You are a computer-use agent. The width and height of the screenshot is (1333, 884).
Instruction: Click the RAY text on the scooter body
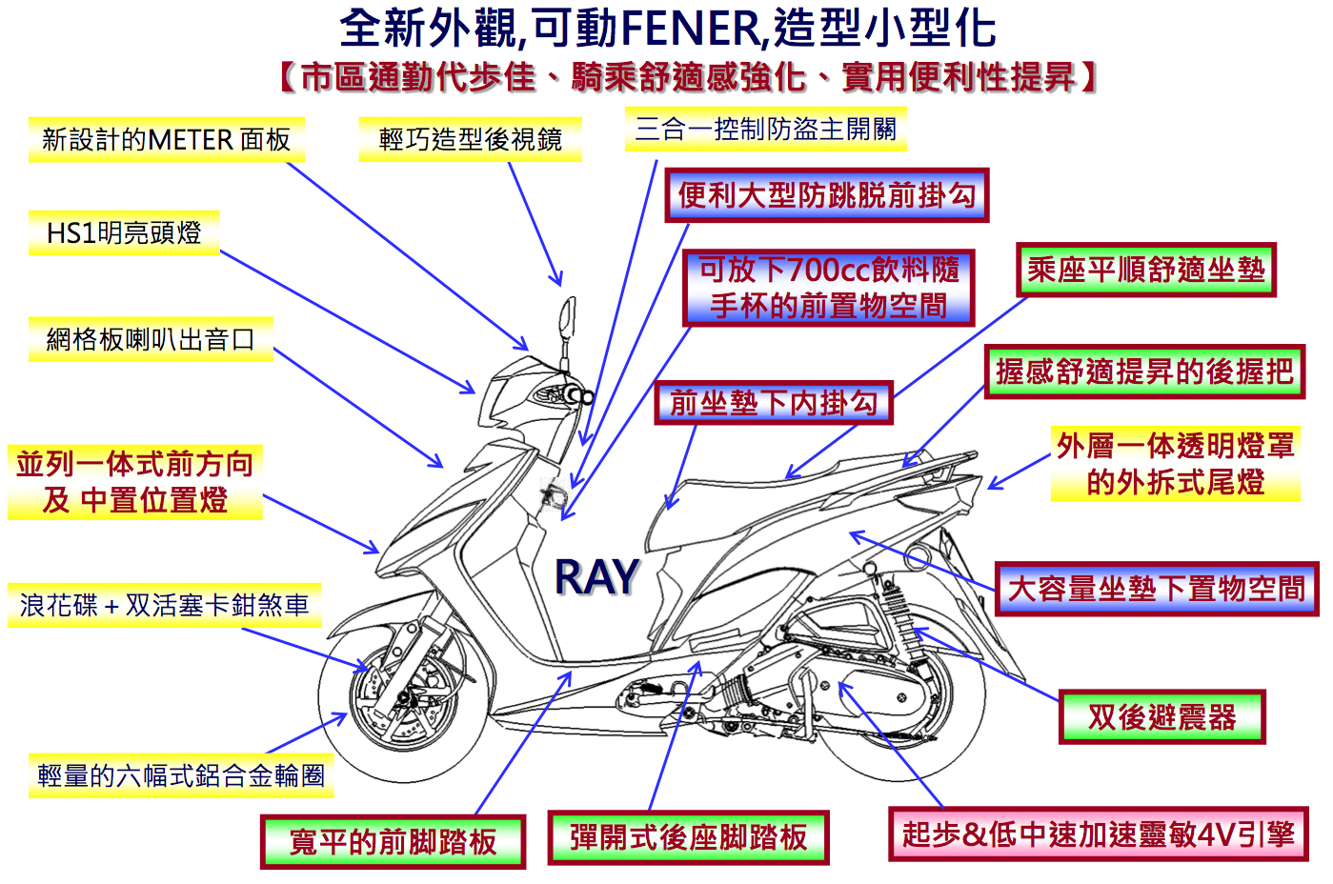(596, 576)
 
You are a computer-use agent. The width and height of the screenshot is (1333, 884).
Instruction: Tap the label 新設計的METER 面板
(167, 140)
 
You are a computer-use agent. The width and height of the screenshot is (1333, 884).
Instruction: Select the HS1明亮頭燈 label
(125, 232)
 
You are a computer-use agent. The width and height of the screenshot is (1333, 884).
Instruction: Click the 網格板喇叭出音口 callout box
(151, 339)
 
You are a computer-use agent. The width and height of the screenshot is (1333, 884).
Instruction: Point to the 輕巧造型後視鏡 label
(470, 139)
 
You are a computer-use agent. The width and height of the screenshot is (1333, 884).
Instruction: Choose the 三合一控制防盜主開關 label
(765, 130)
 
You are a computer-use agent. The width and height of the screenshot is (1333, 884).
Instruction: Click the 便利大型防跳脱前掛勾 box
(827, 195)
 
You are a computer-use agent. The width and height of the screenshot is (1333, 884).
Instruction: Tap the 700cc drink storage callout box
(828, 288)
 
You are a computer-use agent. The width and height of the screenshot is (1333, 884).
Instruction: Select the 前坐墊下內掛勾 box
(774, 403)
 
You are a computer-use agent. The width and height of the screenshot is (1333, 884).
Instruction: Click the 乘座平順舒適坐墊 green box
(1146, 270)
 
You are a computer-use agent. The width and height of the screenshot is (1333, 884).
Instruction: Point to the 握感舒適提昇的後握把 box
(1144, 372)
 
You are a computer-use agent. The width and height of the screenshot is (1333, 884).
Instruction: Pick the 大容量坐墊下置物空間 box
(1157, 589)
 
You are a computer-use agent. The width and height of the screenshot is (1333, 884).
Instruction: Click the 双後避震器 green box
(1162, 717)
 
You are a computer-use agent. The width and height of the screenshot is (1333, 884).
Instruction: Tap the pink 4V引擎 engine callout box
(1098, 834)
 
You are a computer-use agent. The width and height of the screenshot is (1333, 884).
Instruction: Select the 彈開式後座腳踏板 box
(689, 837)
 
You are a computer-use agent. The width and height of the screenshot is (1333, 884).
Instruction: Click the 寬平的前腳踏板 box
(393, 842)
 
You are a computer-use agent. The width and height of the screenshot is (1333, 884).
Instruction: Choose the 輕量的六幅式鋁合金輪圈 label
(181, 775)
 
